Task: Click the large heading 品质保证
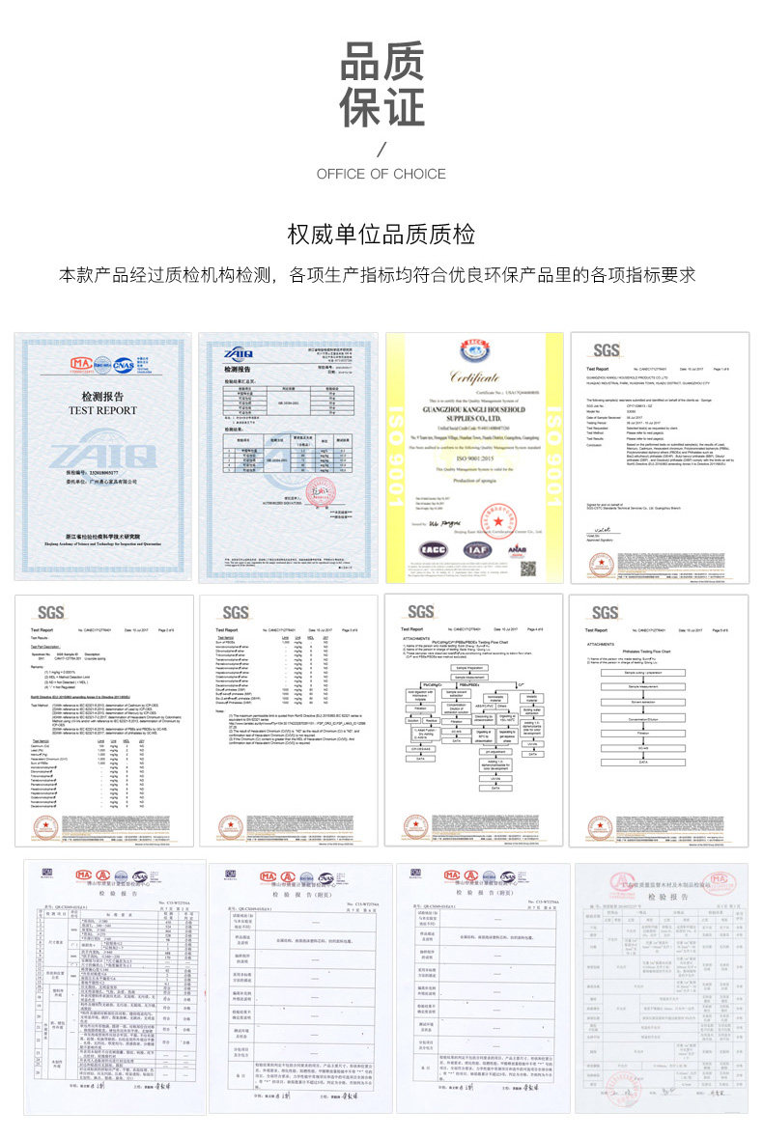(381, 86)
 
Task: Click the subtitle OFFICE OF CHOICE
(381, 174)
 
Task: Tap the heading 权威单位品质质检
(381, 235)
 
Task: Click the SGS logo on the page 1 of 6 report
(607, 350)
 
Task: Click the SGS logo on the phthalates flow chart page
(606, 613)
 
